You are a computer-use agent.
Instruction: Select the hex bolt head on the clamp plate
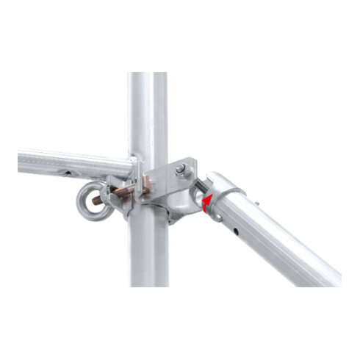[181, 170]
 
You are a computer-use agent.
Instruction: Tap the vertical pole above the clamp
[148, 110]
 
